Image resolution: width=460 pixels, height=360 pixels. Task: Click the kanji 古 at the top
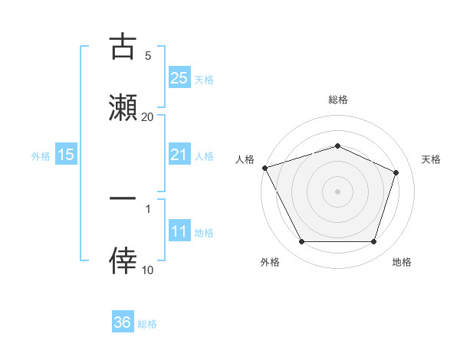coord(123,47)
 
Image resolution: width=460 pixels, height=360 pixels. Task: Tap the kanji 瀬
coord(123,106)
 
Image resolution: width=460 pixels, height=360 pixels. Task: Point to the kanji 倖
coord(123,260)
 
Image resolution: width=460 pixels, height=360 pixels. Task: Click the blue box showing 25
coord(179,77)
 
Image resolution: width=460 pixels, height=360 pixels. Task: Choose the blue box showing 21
coord(179,155)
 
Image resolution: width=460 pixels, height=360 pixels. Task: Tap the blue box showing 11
coord(179,231)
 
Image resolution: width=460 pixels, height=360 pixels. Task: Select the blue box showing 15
coord(66,155)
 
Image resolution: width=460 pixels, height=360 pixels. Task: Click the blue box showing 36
coord(123,322)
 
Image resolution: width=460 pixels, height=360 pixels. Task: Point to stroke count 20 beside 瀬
coord(148,116)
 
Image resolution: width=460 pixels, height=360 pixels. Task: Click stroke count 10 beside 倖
coord(148,270)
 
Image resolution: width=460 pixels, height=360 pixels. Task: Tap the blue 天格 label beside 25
coord(204,79)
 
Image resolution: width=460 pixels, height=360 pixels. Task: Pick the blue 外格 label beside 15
coord(41,155)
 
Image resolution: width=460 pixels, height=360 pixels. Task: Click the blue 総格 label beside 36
coord(147,324)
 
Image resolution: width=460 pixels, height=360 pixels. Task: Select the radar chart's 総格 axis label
coord(338,100)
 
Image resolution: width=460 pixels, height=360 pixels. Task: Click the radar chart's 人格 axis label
coord(245,159)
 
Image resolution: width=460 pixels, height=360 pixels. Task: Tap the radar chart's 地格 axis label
coord(402,262)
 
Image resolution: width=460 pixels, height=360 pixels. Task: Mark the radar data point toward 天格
coord(396,172)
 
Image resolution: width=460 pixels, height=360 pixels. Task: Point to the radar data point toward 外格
coord(301,242)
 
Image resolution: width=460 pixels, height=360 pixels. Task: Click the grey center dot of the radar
coord(338,191)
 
